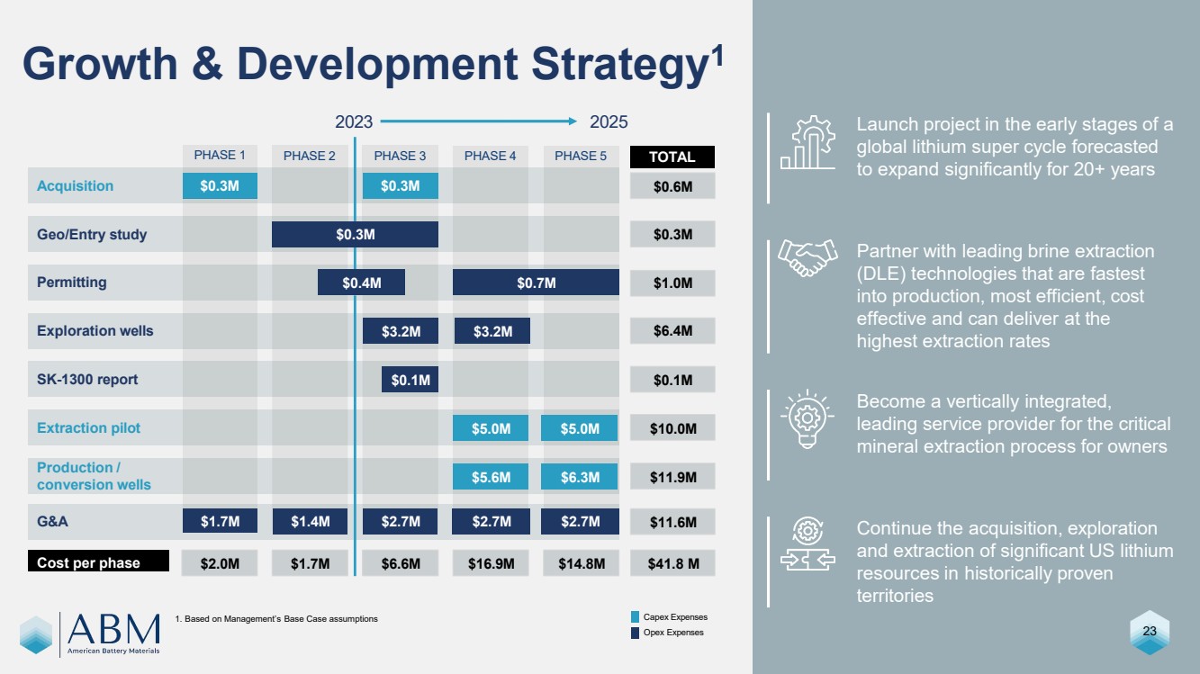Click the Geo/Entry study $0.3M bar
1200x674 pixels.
point(355,234)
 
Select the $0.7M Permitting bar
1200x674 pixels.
point(536,283)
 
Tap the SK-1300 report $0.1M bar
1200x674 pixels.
point(410,380)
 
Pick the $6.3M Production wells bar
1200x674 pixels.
point(580,477)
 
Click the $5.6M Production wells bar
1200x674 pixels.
point(491,477)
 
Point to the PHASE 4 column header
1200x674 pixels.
point(491,156)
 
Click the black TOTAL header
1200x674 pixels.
point(672,157)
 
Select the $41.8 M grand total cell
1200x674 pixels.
point(673,563)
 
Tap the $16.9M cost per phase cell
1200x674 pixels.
point(491,563)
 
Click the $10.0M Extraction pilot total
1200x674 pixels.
point(673,428)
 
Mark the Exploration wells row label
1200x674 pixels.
point(95,331)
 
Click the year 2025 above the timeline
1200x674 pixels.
point(609,121)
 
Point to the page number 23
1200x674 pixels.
point(1149,632)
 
